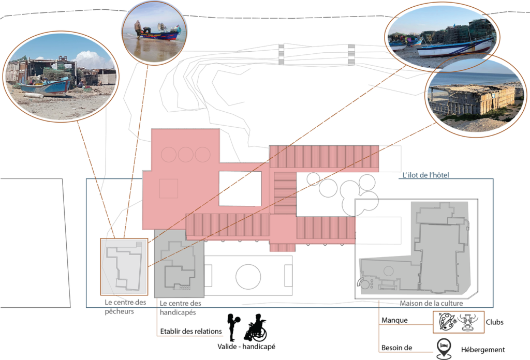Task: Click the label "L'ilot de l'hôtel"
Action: coord(425,175)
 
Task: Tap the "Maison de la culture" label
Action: coord(431,303)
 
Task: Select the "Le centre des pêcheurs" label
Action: coord(125,307)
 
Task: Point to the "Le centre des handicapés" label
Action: coord(181,308)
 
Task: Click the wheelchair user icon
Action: coord(256,327)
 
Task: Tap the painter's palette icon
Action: coord(447,322)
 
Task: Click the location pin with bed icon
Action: coord(444,349)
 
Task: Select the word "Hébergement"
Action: coord(483,350)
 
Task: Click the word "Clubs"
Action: coord(494,322)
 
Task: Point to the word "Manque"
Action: coord(394,320)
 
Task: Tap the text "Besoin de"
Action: coord(397,348)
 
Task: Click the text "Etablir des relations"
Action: coord(191,332)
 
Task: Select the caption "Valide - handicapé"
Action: coord(246,347)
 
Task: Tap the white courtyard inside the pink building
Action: coord(240,189)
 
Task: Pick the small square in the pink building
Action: coord(169,188)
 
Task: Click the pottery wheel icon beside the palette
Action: coord(468,322)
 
